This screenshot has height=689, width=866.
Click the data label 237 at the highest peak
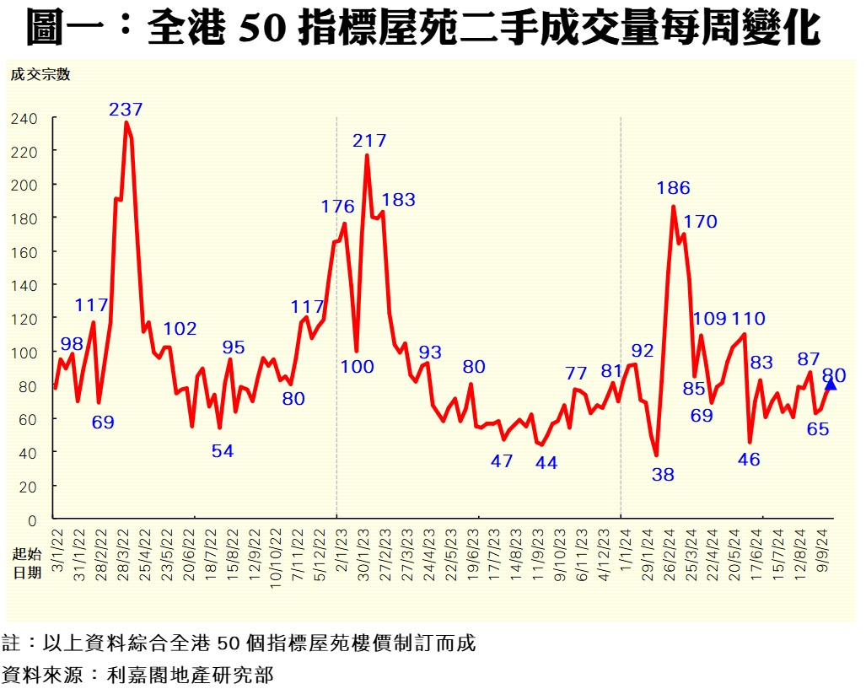tap(126, 109)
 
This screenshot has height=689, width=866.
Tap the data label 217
tap(369, 140)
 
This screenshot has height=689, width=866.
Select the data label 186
tap(673, 188)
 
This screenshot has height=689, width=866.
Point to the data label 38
tap(663, 474)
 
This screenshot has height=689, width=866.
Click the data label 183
tap(398, 200)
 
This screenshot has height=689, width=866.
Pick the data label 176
tap(338, 207)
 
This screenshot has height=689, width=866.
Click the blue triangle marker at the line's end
tap(831, 385)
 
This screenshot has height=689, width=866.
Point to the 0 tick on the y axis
tap(32, 519)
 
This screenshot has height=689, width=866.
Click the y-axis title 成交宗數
tap(40, 74)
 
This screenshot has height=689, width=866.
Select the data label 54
tap(222, 451)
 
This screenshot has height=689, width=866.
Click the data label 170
tap(700, 222)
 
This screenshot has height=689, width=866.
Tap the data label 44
tap(546, 462)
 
